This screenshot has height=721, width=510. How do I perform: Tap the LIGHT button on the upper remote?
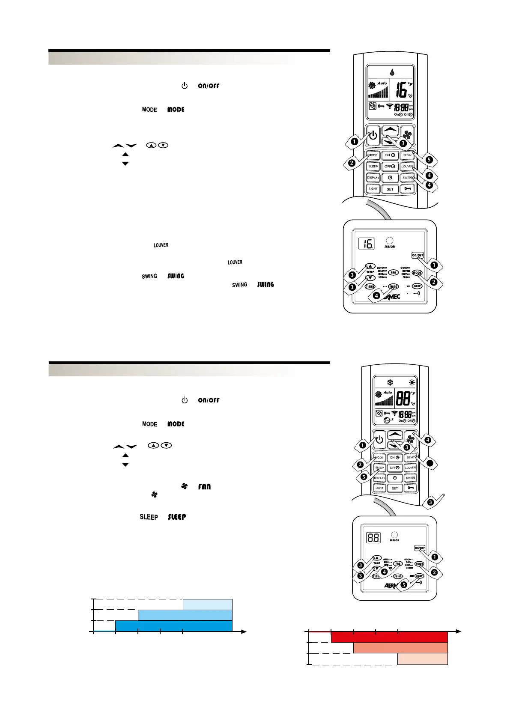pyautogui.click(x=373, y=188)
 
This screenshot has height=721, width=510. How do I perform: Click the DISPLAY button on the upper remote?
pyautogui.click(x=373, y=177)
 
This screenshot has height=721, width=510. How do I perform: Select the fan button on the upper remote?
pyautogui.click(x=407, y=135)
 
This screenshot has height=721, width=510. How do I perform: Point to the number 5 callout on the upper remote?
pyautogui.click(x=429, y=160)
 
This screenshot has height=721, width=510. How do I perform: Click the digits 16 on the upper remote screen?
pyautogui.click(x=401, y=90)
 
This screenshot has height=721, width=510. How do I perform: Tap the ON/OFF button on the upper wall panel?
pyautogui.click(x=418, y=255)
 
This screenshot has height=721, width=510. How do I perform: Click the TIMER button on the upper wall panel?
pyautogui.click(x=370, y=286)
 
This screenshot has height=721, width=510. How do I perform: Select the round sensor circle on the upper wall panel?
pyautogui.click(x=390, y=241)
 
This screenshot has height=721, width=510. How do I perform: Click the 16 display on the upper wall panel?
pyautogui.click(x=367, y=244)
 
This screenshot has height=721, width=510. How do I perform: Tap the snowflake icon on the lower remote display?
pyautogui.click(x=390, y=382)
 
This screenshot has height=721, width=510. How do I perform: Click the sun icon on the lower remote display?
pyautogui.click(x=412, y=382)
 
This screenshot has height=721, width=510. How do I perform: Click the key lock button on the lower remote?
pyautogui.click(x=411, y=488)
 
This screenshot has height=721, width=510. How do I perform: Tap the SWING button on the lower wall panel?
pyautogui.click(x=398, y=576)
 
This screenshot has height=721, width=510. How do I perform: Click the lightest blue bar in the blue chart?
pyautogui.click(x=208, y=604)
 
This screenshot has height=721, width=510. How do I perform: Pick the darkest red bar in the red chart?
pyautogui.click(x=389, y=637)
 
